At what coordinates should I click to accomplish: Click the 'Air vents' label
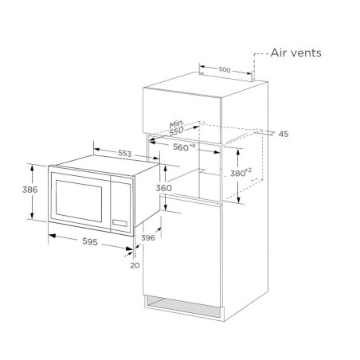click(295, 53)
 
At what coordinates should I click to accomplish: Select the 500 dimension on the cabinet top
click(225, 69)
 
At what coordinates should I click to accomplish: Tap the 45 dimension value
click(284, 134)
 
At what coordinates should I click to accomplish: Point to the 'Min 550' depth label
click(177, 127)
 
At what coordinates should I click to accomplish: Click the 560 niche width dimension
click(184, 147)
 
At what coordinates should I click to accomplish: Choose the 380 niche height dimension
click(241, 173)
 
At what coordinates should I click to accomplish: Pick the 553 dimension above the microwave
click(124, 153)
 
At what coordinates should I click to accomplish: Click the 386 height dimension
click(29, 190)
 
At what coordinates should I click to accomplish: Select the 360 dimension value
click(164, 188)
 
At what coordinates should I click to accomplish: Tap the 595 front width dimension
click(90, 241)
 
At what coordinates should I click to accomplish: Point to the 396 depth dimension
click(148, 237)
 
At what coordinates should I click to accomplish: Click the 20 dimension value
click(135, 265)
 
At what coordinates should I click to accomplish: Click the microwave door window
click(79, 201)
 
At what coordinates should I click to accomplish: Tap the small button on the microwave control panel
click(119, 223)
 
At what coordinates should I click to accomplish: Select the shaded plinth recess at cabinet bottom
click(183, 306)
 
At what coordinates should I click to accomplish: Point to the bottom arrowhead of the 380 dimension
click(239, 200)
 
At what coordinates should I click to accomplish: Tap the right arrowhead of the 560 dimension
click(217, 152)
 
